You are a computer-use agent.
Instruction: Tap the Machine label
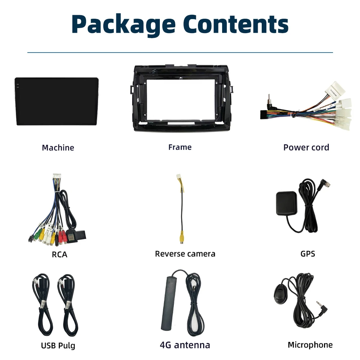click(x=58, y=148)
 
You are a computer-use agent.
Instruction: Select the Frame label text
click(x=180, y=147)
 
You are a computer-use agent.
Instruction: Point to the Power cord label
click(x=306, y=147)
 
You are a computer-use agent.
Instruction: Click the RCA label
click(x=59, y=255)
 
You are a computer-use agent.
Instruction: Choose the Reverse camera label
click(x=185, y=254)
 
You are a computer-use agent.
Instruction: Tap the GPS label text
click(x=307, y=254)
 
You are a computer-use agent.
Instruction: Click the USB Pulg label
click(x=58, y=346)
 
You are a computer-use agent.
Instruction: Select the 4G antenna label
click(x=185, y=345)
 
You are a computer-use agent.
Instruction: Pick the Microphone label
click(x=310, y=345)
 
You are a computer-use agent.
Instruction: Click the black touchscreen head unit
click(x=57, y=102)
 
